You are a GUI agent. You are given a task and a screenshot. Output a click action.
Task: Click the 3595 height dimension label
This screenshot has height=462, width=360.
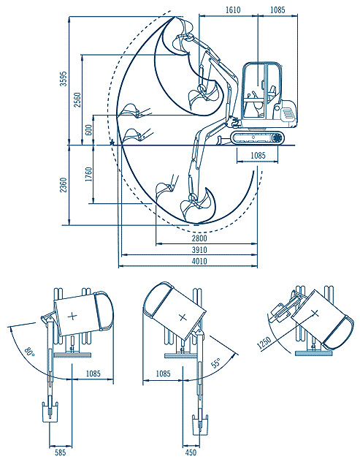pos(64,78)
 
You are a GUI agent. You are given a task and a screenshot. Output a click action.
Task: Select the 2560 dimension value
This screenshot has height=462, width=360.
pos(77,99)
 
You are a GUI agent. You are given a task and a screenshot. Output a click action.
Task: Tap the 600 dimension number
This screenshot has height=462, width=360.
pos(88,129)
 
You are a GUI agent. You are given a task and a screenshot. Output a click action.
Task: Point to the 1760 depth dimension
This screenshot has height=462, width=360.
pos(88,174)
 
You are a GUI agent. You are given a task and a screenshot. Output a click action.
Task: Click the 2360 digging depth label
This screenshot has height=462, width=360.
pos(64,185)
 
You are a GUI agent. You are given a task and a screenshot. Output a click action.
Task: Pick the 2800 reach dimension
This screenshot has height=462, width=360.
pos(199,238)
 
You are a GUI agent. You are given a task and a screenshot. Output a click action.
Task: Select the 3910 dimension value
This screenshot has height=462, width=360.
pos(199,250)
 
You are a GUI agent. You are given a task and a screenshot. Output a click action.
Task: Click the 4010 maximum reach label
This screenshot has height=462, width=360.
pos(199,261)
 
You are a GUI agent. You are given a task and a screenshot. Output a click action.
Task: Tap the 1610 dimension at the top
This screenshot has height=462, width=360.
pos(233,10)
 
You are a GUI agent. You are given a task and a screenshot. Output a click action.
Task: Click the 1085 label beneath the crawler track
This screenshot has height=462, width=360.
pos(258,155)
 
